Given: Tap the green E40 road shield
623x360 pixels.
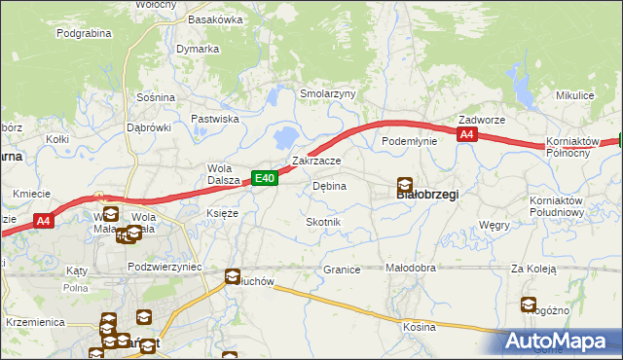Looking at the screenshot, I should point(266,178).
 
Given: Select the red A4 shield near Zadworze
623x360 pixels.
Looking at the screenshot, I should point(467,135).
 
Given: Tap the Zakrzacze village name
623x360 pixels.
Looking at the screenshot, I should point(316,161).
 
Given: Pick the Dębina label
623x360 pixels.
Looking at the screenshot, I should point(329,186).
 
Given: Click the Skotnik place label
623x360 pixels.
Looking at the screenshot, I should point(323,223).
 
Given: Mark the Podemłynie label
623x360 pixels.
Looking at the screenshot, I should point(410,141).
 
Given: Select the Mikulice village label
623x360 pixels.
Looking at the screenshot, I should point(574,95).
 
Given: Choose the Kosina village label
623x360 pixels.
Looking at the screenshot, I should point(420,327).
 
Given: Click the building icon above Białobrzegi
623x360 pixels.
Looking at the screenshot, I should point(404,183).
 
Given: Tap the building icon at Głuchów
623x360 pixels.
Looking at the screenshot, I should point(234,276).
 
